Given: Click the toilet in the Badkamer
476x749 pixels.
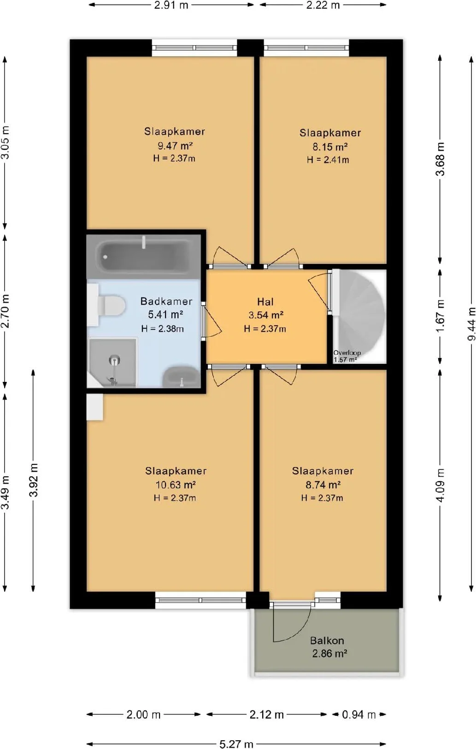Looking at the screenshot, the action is point(111,304).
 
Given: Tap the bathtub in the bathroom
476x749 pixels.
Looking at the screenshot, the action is point(144,257).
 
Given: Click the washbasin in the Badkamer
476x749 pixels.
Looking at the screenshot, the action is point(181,377).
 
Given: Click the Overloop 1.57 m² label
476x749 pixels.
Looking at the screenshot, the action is point(347,356).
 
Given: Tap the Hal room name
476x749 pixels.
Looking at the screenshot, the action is point(265,302).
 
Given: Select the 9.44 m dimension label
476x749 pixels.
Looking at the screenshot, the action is point(471,324).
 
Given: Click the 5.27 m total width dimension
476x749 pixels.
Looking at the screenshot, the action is point(236,743).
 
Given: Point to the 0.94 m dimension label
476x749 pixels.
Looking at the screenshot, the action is point(358,714).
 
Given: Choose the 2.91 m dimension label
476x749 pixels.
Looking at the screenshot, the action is point(171,5).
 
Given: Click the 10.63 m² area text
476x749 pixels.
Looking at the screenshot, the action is point(176,485).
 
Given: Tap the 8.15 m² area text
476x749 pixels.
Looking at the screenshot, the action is point(330,146).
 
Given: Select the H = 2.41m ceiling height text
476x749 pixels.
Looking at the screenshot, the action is point(328,159).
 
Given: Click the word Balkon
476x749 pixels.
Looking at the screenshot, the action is point(327,640).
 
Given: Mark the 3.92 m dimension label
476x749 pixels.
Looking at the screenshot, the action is point(34,480).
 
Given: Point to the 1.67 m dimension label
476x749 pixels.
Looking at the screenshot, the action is point(441,316).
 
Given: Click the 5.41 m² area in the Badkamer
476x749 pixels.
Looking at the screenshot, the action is point(165,314).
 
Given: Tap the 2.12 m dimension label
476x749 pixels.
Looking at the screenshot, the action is point(267,714).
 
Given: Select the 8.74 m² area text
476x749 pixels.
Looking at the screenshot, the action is point(323,485).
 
